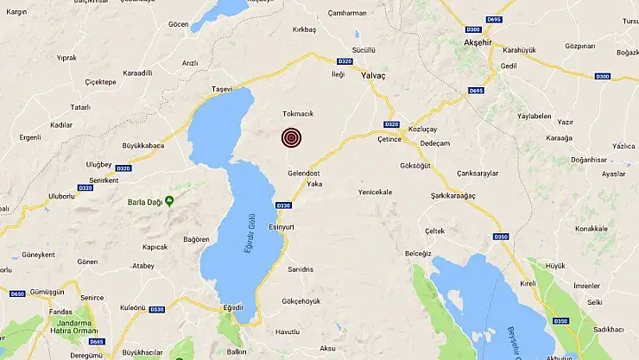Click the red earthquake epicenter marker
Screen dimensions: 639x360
292,138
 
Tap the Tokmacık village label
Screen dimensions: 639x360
299,114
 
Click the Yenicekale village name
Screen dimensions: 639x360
375,192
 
